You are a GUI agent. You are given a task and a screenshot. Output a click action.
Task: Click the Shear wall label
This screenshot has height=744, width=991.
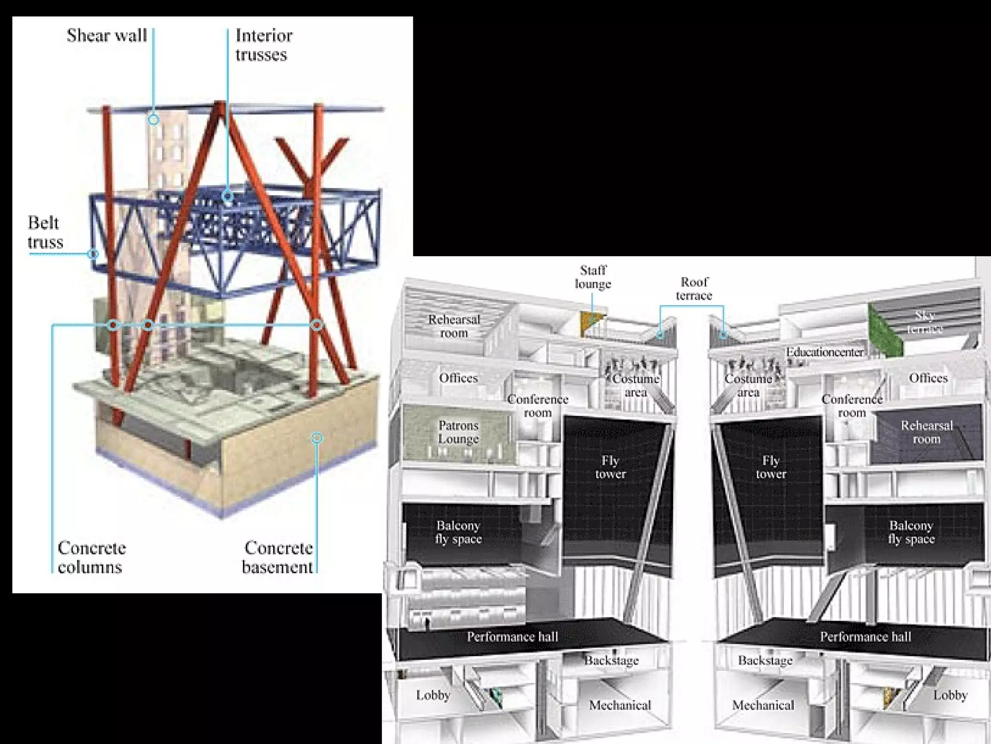tap(106, 35)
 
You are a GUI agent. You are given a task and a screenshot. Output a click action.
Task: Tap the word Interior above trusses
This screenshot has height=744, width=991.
tap(264, 35)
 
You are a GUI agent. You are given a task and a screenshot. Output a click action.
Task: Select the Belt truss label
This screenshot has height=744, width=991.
tap(45, 232)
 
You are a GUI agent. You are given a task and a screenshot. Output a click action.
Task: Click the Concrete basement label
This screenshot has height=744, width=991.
tap(278, 558)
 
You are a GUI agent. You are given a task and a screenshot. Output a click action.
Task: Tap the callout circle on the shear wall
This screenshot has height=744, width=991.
tap(153, 119)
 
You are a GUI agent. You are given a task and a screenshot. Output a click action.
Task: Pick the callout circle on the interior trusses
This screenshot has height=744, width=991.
tap(227, 196)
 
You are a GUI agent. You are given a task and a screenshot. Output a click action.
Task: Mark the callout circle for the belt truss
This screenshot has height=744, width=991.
tap(93, 253)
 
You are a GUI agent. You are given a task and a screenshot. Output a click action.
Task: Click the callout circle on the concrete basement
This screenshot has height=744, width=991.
tap(317, 438)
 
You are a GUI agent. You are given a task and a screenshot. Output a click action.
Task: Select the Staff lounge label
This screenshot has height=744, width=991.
tap(593, 277)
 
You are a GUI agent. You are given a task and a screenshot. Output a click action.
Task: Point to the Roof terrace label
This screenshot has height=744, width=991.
tap(694, 289)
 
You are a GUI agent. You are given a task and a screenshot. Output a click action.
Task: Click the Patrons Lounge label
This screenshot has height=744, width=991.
tap(458, 432)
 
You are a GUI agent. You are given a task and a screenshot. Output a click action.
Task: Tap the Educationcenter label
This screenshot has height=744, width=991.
tap(825, 352)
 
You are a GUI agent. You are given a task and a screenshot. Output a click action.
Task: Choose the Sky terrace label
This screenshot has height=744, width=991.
tap(925, 322)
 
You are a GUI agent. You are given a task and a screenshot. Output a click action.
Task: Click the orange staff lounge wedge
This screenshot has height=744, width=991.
tap(591, 322)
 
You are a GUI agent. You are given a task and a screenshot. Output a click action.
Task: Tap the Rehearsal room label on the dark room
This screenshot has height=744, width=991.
tap(926, 432)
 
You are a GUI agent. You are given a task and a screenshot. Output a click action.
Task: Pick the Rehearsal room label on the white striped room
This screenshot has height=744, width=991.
tap(454, 326)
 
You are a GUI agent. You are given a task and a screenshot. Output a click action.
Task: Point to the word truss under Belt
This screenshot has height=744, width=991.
tap(45, 242)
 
